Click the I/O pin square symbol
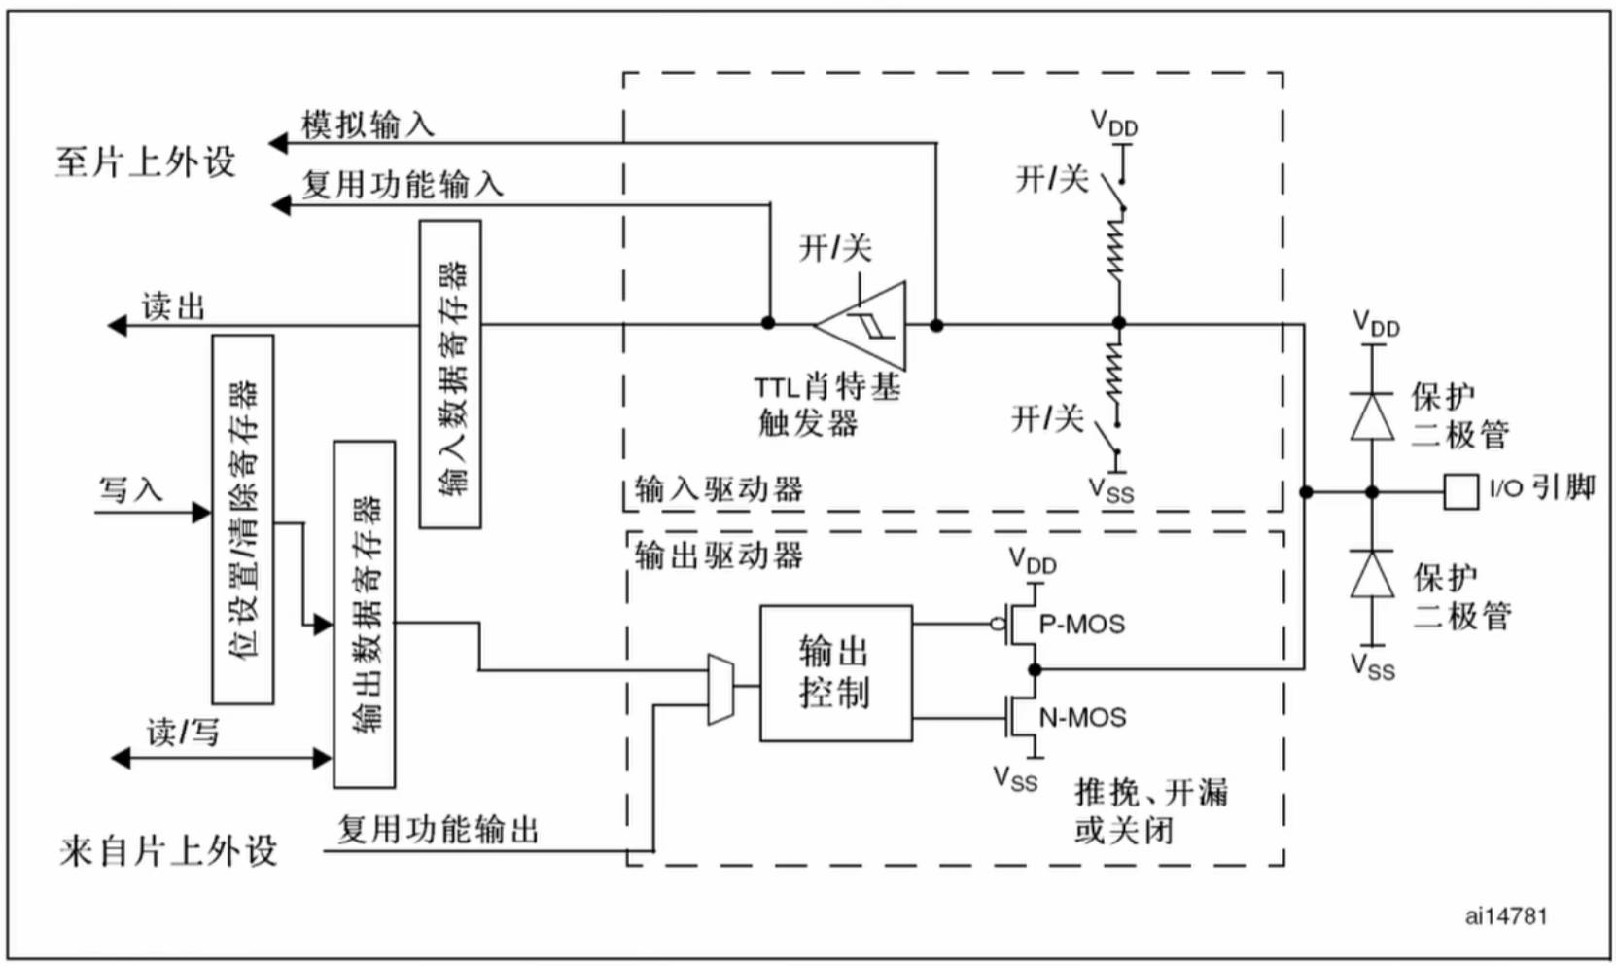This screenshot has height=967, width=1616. click(x=1460, y=492)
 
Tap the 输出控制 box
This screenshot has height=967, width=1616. click(x=835, y=673)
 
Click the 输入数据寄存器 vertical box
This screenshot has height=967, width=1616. click(x=449, y=375)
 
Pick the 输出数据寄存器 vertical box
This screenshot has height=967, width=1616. click(x=364, y=614)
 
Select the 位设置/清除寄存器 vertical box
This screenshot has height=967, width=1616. click(x=243, y=519)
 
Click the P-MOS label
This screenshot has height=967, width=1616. click(x=1081, y=624)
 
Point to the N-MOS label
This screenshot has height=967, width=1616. click(x=1082, y=718)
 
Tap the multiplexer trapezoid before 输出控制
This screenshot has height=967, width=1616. click(x=720, y=689)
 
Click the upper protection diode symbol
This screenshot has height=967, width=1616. click(x=1372, y=416)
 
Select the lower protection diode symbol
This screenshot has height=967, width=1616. click(x=1372, y=574)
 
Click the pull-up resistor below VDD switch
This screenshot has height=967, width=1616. click(x=1117, y=248)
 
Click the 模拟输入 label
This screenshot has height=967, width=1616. click(x=368, y=125)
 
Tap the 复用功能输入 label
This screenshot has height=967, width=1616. click(x=402, y=184)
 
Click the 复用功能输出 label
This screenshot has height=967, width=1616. click(x=438, y=830)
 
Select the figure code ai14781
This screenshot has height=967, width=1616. click(x=1505, y=915)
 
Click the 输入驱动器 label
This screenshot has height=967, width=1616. click(x=719, y=488)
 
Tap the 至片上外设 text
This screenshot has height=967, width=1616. click(x=145, y=161)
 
